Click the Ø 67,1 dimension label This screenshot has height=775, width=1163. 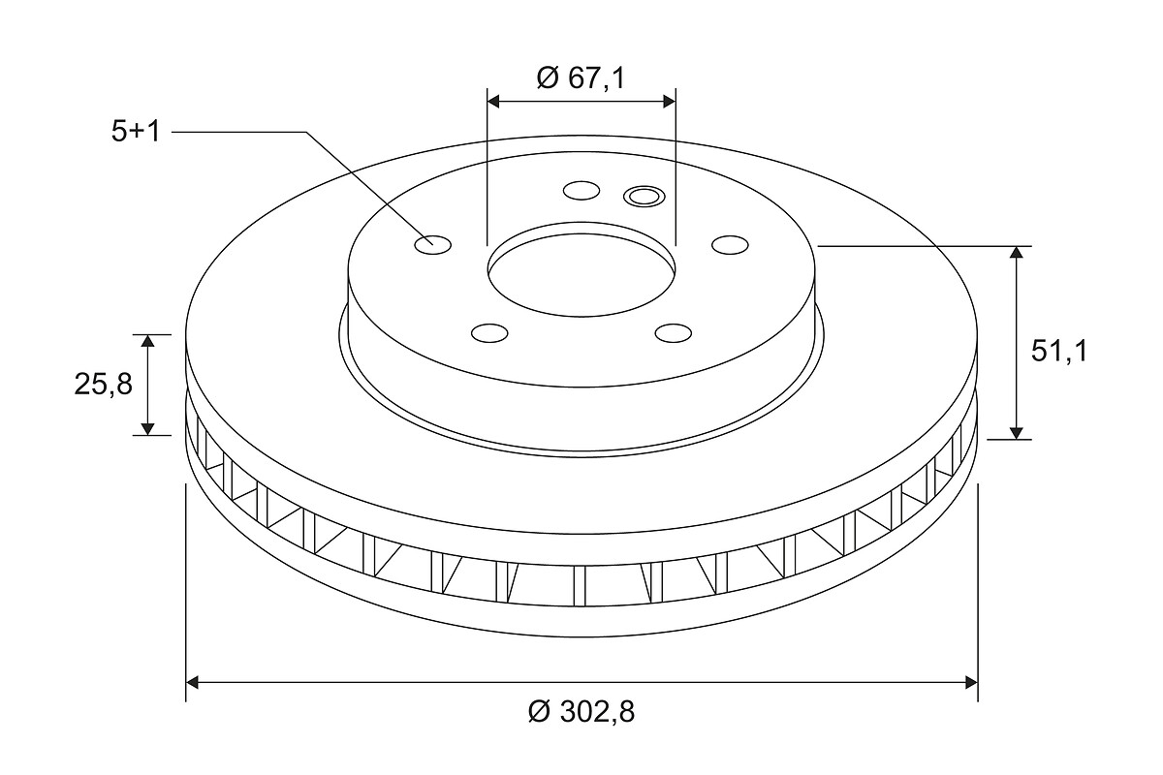pos(581,78)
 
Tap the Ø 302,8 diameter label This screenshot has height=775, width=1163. pos(581,711)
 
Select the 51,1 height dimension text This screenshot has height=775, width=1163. pos(1058,352)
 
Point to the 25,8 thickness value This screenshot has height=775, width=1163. pos(104,385)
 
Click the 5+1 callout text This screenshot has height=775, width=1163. pos(136,132)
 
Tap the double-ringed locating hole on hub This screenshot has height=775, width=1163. pos(644,197)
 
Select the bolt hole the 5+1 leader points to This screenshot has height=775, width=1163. pos(433,244)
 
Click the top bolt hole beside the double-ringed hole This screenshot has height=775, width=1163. pos(581,191)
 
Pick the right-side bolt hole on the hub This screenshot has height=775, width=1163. pos(730,244)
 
